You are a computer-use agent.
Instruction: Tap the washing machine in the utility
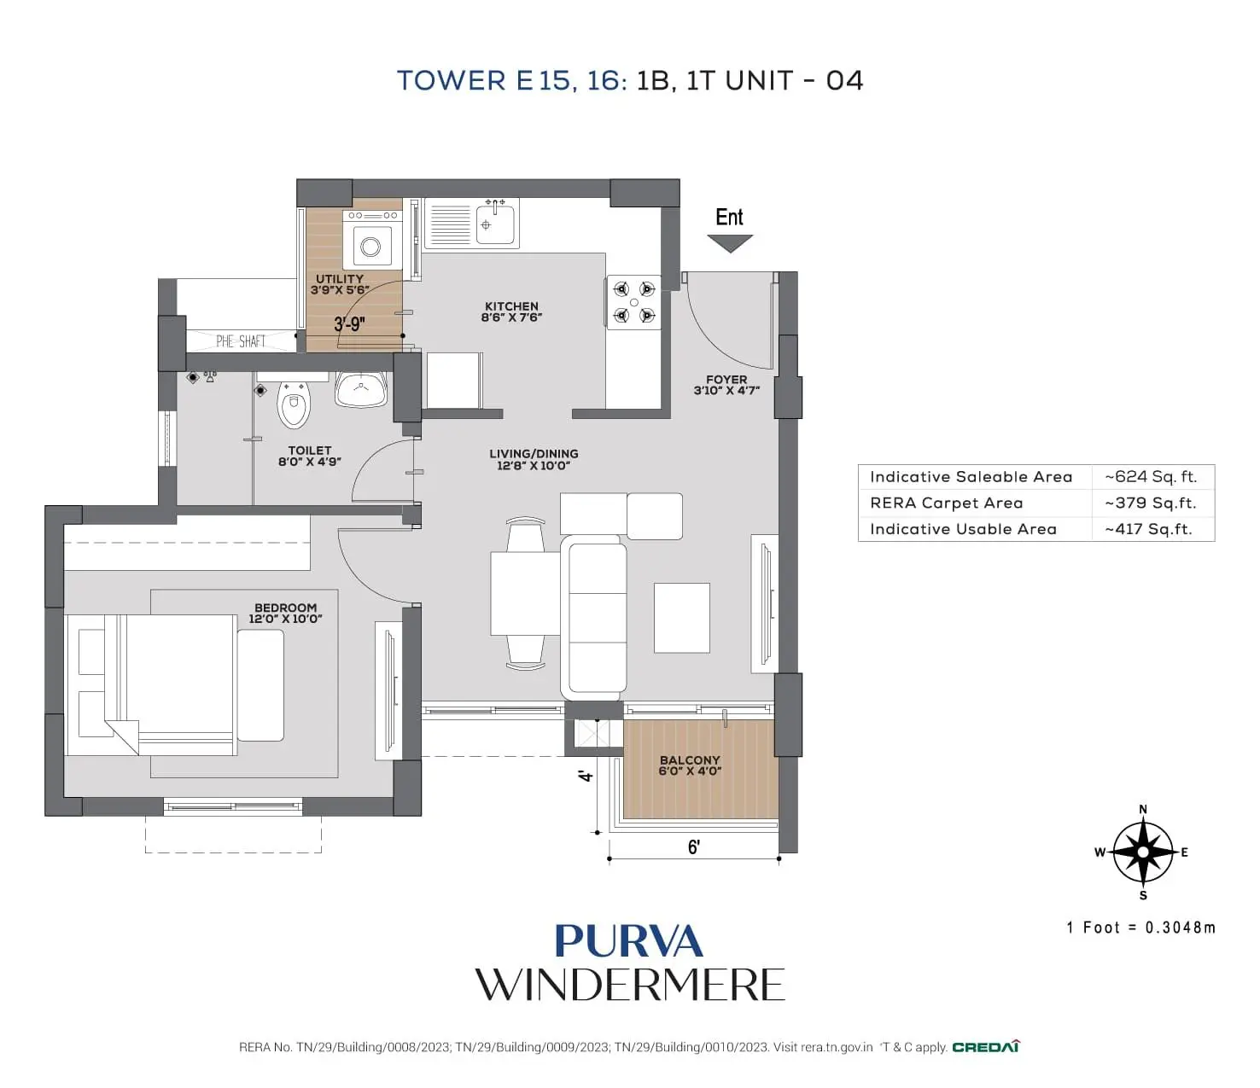371,241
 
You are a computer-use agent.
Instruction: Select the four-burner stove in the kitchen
633,302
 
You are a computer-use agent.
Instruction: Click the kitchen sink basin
495,224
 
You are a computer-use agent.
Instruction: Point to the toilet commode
294,405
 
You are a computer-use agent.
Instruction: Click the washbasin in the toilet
361,390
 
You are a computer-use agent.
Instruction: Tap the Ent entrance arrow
730,242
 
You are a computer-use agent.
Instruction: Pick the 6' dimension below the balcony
694,847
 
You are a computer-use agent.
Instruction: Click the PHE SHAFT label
240,341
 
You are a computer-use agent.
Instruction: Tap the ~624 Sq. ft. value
1151,477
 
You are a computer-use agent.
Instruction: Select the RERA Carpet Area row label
946,503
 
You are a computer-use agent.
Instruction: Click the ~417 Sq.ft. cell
1148,529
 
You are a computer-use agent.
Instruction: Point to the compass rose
1143,852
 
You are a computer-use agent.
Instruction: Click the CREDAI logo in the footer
985,1047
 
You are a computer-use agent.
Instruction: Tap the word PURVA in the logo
628,942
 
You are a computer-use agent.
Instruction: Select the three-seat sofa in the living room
594,618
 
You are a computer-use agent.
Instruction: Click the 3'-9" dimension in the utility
349,324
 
